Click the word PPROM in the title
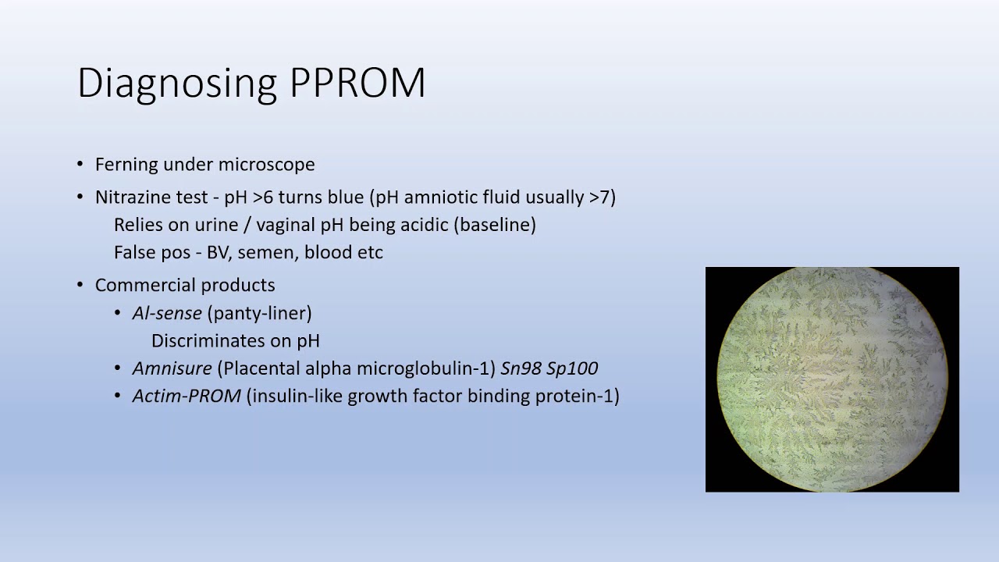[x=357, y=83]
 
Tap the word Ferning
[x=126, y=165]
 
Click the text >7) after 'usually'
[x=602, y=197]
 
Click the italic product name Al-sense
[x=167, y=314]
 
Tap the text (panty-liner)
[x=259, y=314]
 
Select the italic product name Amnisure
[x=172, y=368]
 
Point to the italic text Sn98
[x=521, y=368]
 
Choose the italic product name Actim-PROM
[x=187, y=397]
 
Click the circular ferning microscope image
[x=832, y=379]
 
